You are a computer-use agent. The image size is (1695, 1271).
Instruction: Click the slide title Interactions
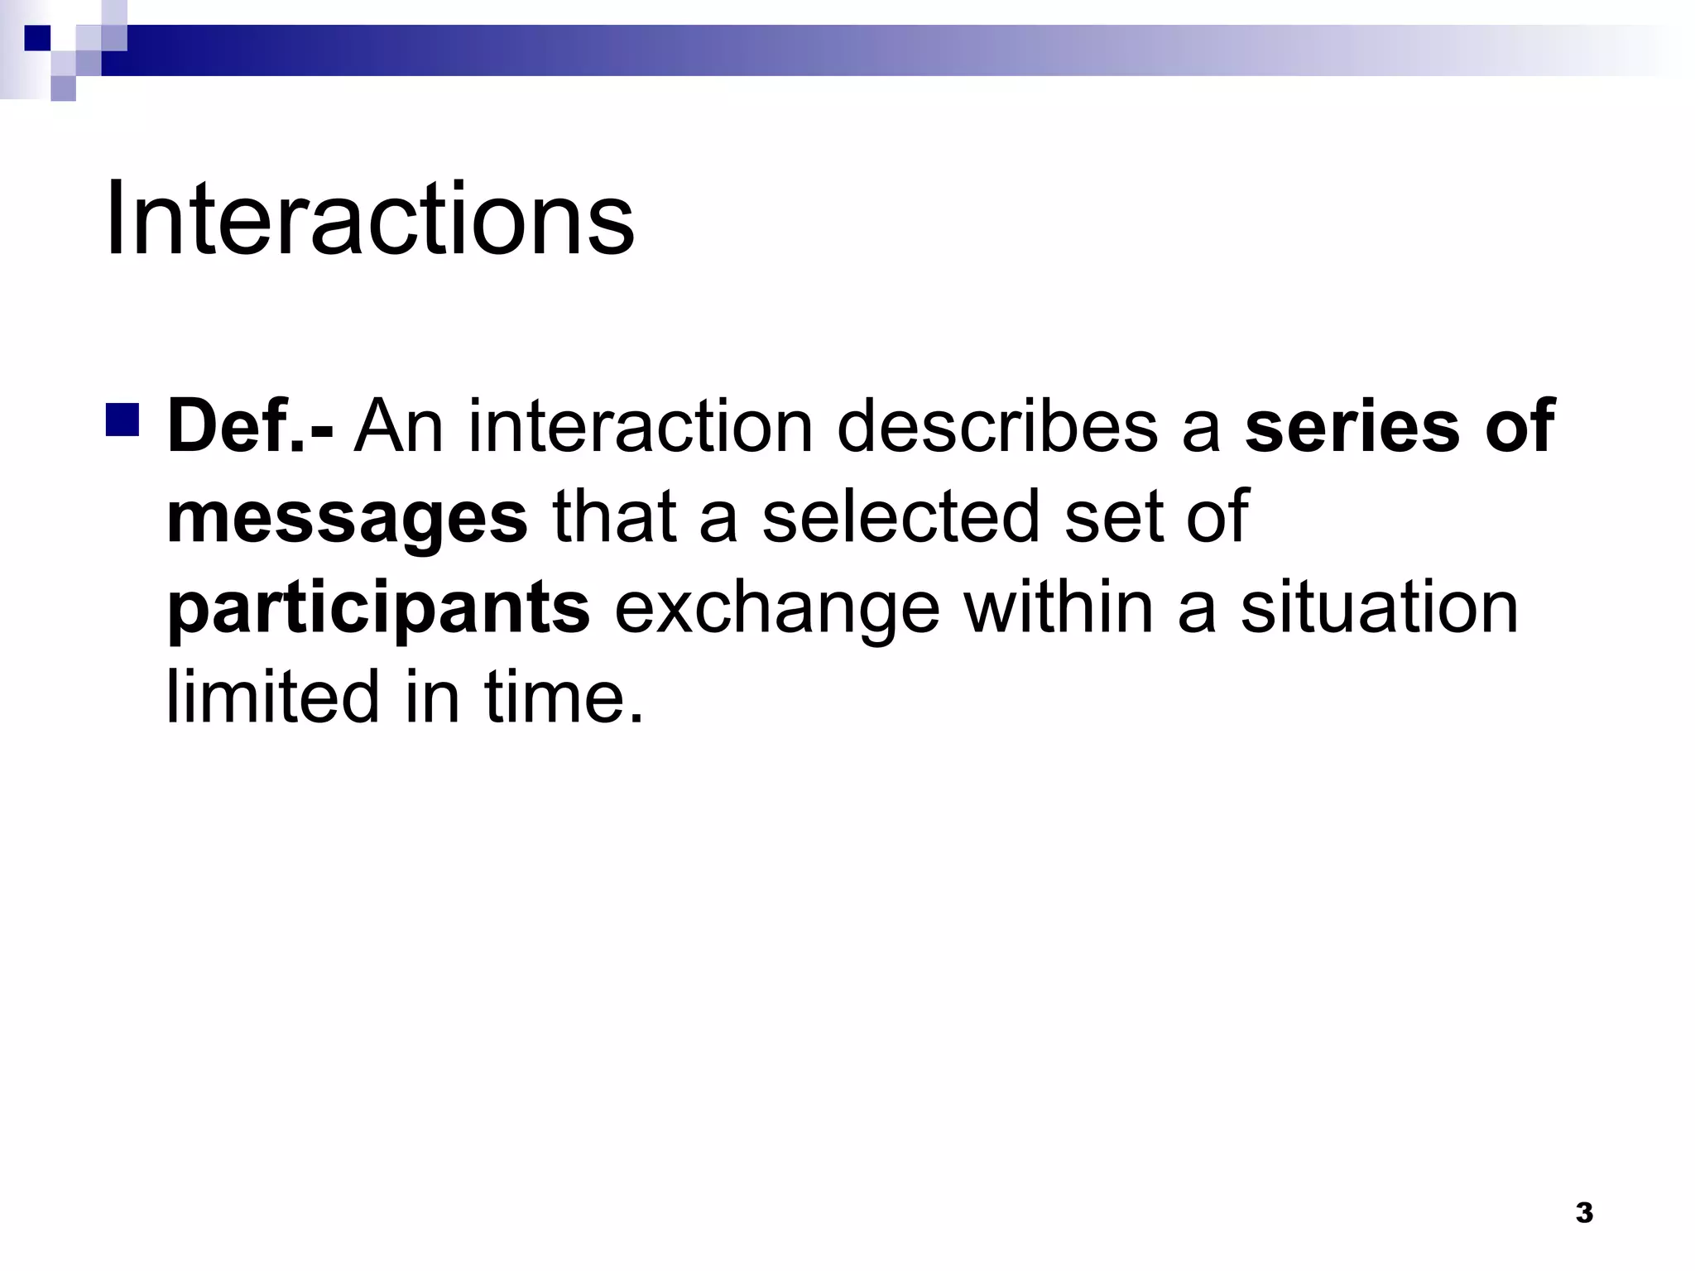pos(369,220)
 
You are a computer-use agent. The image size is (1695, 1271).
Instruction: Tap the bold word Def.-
pos(250,427)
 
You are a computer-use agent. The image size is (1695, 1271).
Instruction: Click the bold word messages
pos(348,518)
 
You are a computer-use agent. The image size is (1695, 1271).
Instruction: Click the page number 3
pos(1584,1213)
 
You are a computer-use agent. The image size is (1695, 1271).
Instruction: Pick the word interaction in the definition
pos(641,427)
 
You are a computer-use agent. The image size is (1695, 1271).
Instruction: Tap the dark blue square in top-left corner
pos(36,38)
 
